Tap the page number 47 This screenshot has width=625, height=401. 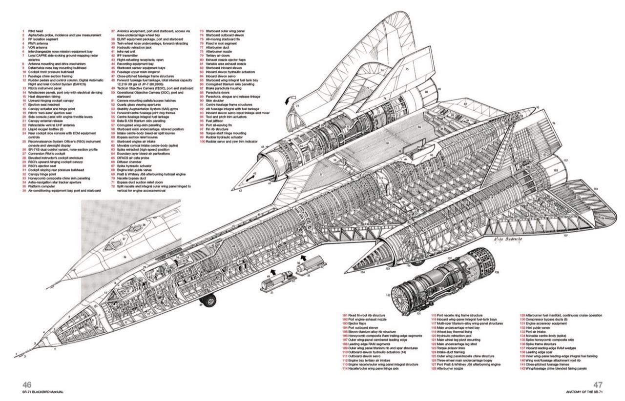598,384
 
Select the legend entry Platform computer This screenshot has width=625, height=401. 39,186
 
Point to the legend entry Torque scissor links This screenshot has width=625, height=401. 449,348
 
